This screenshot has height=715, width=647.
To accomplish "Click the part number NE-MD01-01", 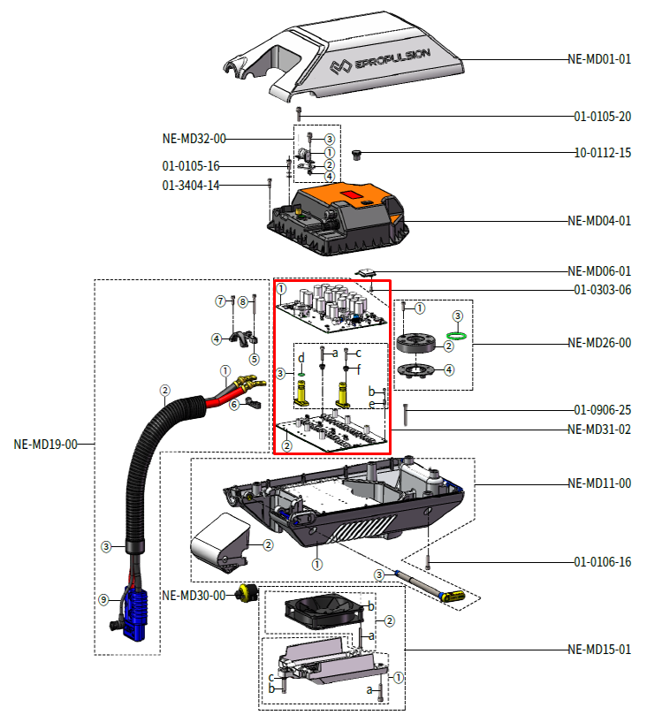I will [599, 59].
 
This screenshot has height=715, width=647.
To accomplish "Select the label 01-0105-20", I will [602, 117].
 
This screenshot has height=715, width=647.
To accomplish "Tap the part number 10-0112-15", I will [602, 153].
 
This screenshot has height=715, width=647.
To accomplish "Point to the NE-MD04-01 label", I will [599, 221].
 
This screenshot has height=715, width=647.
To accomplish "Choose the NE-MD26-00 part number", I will [599, 342].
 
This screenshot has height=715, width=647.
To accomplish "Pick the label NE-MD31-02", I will [599, 430].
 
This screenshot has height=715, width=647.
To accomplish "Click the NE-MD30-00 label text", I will [194, 594].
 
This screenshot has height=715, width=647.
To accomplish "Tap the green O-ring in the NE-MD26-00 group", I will [457, 335].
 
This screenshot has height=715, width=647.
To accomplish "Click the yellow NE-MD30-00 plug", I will [247, 593].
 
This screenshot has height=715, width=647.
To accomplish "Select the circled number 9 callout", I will [103, 599].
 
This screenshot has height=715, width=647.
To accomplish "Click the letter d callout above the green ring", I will [301, 357].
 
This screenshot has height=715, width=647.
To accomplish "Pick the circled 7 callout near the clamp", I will [221, 301].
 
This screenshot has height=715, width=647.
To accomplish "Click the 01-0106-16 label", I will [602, 562].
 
